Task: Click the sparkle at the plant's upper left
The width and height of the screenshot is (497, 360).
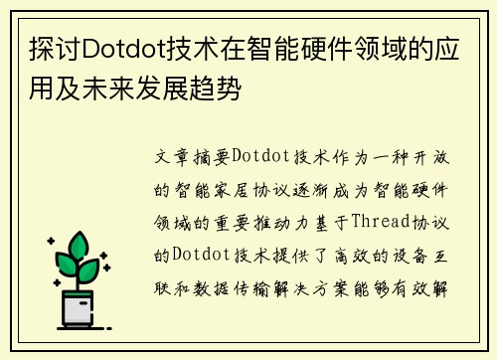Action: pyautogui.click(x=51, y=242)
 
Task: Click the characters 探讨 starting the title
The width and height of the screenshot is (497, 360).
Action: pyautogui.click(x=45, y=49)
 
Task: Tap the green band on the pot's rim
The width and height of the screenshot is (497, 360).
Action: pyautogui.click(x=79, y=295)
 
